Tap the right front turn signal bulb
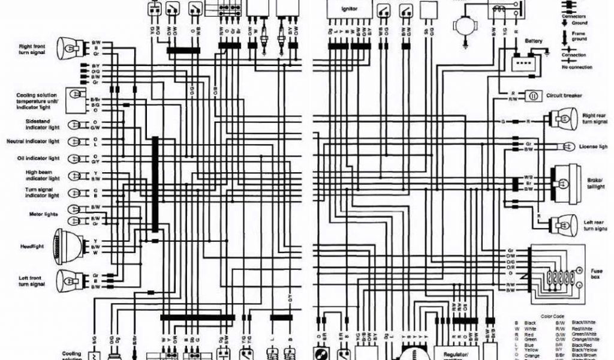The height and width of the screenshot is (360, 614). pyautogui.click(x=68, y=47)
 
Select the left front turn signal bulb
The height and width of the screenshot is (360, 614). pyautogui.click(x=68, y=280)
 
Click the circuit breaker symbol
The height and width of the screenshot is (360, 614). pyautogui.click(x=532, y=96)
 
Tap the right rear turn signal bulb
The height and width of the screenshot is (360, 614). pyautogui.click(x=564, y=118)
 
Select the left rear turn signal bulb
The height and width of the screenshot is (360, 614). pyautogui.click(x=564, y=224)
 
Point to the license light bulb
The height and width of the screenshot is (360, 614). pyautogui.click(x=566, y=146)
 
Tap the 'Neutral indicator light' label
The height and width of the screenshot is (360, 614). pyautogui.click(x=33, y=142)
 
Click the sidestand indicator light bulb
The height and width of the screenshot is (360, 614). pyautogui.click(x=75, y=125)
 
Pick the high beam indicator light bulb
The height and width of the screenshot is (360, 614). pyautogui.click(x=75, y=176)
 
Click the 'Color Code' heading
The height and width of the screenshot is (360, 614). pyautogui.click(x=552, y=316)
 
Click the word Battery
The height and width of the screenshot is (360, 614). pyautogui.click(x=534, y=41)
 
